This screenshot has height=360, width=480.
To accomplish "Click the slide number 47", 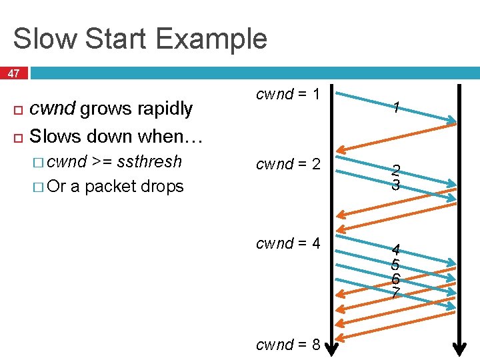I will pos(13,73).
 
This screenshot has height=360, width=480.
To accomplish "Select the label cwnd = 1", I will pos(289,95).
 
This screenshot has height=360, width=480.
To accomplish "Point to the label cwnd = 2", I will pos(289,164).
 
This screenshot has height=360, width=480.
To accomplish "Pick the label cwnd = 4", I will pos(289,244).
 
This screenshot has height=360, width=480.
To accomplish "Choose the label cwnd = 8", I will pos(289,345).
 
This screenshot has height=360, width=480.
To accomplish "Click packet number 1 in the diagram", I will pos(396,107).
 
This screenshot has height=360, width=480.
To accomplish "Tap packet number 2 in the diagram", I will pos(396,171).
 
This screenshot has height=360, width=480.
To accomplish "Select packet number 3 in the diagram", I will pos(396,185).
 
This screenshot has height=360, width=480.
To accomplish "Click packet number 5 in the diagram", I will pos(396,265).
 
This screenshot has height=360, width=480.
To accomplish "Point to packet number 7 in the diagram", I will pos(396,293).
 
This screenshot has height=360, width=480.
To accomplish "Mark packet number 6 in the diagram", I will pos(396,279).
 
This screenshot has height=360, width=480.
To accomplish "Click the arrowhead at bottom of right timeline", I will pos(459,348).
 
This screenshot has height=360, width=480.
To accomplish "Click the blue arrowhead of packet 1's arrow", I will pos(452,121).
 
